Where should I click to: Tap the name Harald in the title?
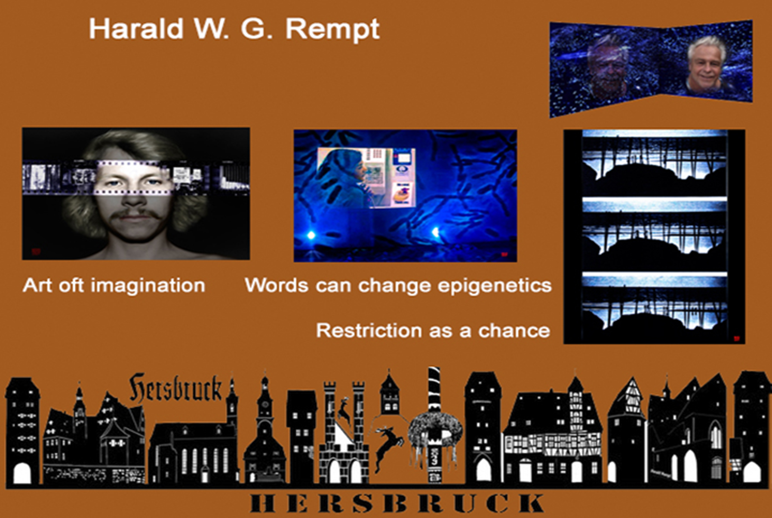tap(136, 29)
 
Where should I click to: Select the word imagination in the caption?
tap(148, 285)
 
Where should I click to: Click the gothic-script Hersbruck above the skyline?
tap(175, 388)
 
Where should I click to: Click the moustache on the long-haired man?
tap(136, 214)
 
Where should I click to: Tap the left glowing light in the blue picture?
tap(311, 235)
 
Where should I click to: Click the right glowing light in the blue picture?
tap(435, 233)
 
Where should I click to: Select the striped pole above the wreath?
tap(434, 389)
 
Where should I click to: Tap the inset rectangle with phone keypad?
tap(366, 178)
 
